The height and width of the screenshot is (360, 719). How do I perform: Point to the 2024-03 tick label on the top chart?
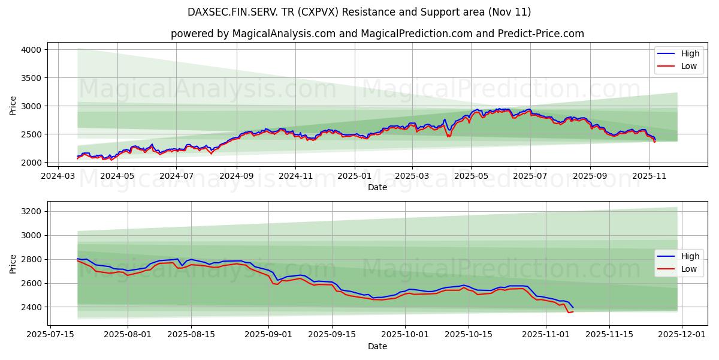[x=58, y=176]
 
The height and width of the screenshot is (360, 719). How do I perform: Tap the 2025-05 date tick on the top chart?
[x=470, y=176]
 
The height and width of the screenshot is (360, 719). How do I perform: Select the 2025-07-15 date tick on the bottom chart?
[x=50, y=335]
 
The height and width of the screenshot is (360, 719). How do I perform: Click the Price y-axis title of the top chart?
[x=13, y=106]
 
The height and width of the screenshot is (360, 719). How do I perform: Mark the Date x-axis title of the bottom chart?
[x=377, y=346]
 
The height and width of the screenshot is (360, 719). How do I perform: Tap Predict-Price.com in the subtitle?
[x=540, y=34]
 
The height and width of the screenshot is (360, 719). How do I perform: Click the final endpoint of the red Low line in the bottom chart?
[x=573, y=311]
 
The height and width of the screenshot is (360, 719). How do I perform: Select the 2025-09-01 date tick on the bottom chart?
[x=268, y=335]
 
